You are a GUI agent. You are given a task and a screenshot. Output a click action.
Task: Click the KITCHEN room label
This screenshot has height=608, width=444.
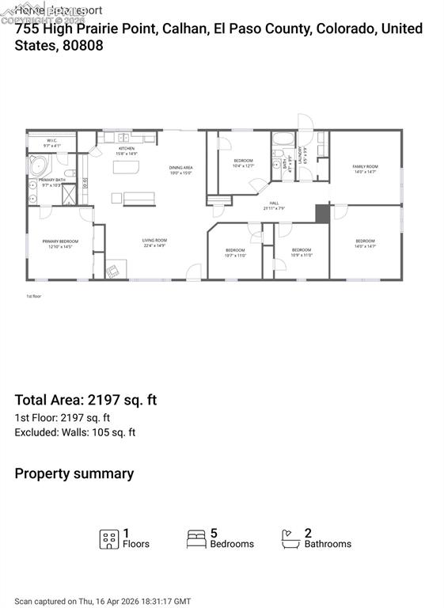pos(127,148)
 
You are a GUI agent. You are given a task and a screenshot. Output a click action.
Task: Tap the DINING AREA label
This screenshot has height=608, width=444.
pos(181,168)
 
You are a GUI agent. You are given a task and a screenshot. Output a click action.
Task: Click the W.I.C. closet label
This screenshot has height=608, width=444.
pos(50,141)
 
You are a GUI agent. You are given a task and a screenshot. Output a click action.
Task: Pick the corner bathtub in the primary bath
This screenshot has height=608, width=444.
pos(39,166)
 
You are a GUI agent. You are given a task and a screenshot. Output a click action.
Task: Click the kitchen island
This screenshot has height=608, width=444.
pos(126,168)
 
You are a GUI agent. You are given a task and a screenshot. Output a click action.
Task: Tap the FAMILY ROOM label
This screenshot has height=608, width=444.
pos(365,166)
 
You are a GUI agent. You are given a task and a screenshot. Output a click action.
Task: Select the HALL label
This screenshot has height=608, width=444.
pos(274,203)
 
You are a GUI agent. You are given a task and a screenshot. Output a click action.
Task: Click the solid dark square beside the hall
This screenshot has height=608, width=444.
pos(321,213)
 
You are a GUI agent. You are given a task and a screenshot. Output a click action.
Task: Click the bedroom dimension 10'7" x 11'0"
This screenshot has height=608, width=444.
pos(235,256)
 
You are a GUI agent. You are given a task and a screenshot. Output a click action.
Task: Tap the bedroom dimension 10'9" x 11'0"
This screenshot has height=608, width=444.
pos(302,256)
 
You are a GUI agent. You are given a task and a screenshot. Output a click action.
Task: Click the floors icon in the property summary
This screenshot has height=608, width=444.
pos(109,539)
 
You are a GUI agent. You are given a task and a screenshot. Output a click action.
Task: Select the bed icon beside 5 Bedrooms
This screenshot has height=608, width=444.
pos(196,539)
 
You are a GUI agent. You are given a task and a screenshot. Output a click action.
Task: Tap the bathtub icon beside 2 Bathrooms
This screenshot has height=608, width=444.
pos(290,539)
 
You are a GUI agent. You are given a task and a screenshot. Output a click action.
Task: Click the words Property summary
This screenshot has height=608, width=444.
pos(74,473)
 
